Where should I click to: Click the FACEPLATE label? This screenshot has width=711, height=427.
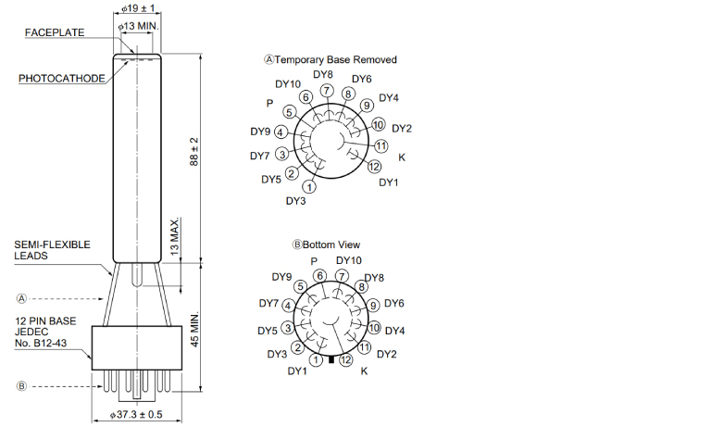(x=55, y=32)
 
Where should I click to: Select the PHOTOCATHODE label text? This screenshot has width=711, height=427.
(x=62, y=79)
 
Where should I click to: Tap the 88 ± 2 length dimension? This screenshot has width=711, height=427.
(x=194, y=152)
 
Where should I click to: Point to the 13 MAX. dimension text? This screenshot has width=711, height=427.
(x=175, y=237)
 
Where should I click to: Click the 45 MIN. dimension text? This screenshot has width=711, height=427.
(x=194, y=330)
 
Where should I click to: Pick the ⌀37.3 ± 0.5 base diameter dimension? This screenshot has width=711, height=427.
(x=136, y=414)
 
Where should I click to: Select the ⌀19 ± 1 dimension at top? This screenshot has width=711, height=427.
(x=138, y=8)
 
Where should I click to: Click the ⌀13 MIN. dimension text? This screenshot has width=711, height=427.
(x=138, y=26)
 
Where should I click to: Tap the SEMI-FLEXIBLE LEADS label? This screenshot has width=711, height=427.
(x=52, y=250)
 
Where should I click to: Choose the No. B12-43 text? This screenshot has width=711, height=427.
(x=41, y=343)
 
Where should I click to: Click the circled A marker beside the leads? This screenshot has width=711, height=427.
(x=21, y=298)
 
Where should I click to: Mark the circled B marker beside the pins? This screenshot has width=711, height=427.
(x=21, y=386)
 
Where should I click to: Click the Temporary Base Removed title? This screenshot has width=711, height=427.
(x=335, y=60)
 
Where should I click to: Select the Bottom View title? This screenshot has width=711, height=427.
(x=331, y=245)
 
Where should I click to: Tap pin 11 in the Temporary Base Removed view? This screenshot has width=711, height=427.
(x=380, y=146)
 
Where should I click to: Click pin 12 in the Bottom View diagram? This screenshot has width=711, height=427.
(x=346, y=359)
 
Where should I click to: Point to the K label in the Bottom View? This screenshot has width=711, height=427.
(x=364, y=371)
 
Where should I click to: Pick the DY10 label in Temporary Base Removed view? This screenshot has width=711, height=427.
(x=288, y=84)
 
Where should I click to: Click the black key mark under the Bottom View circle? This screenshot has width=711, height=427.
(x=331, y=359)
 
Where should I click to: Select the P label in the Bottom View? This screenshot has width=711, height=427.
(x=314, y=261)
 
